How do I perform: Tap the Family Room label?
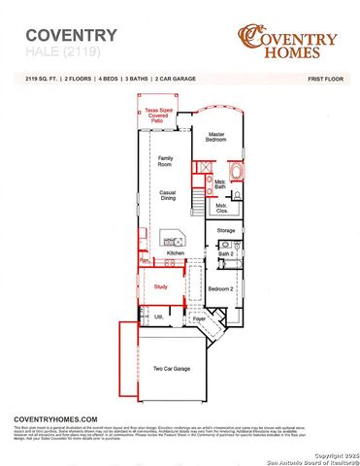pos(166,160)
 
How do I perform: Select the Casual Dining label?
pos(167,196)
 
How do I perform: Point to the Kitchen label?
pos(175,253)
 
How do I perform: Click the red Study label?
pos(161,287)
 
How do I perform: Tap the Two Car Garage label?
pos(171,369)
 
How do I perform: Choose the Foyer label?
pos(199,318)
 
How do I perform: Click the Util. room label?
pos(159,316)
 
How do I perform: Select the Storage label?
pos(226,230)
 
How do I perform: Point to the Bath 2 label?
pos(227,253)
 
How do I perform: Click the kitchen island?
pos(176,238)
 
